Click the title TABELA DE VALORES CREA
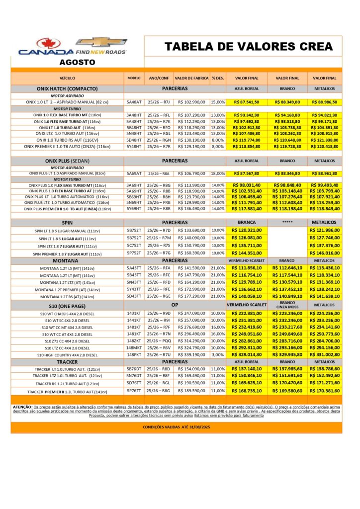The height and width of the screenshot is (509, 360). coord(249,47)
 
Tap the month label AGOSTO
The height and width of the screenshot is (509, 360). coord(77,63)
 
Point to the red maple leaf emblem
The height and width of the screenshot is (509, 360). coord(48,43)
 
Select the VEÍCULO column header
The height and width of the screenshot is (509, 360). coord(67,78)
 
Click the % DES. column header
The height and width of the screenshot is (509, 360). coord(217,78)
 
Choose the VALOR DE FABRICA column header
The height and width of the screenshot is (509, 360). coord(191,78)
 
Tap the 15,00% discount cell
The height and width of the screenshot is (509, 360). coord(218,102)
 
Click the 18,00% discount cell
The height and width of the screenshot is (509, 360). coord(218,173)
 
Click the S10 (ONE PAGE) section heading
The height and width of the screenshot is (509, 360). coord(67,305)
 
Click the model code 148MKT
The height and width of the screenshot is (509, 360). coord(134,348)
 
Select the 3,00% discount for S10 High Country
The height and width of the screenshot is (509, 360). coord(218,355)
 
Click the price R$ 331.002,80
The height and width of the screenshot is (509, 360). coord(324,355)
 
